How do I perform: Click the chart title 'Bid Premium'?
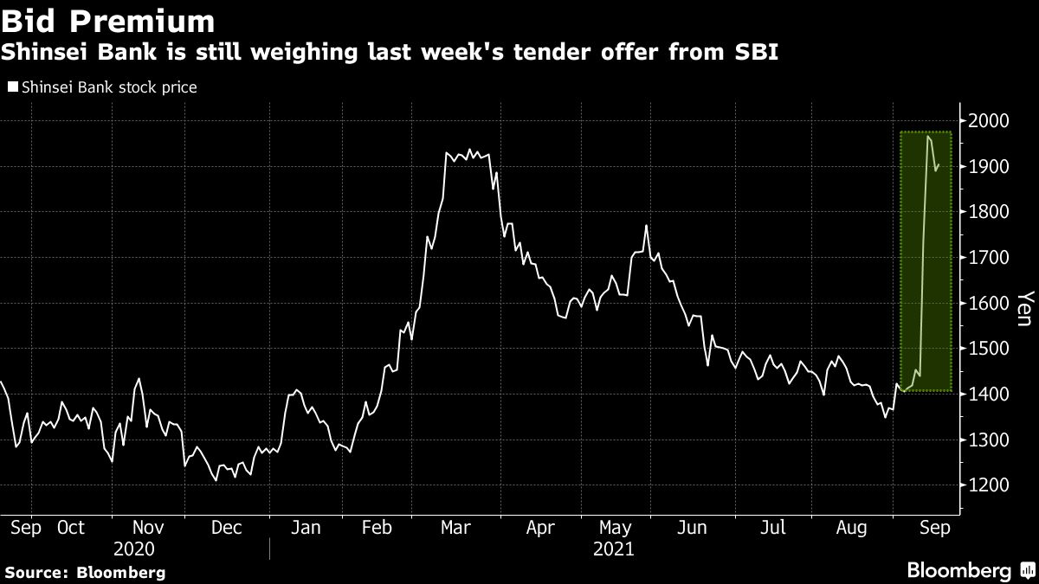tap(108, 21)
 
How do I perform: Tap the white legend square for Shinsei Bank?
tap(12, 87)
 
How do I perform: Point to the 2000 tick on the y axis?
tap(988, 121)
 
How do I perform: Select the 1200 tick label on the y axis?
tap(988, 486)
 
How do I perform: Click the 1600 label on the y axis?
tap(988, 304)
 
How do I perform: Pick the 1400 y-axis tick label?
tap(988, 395)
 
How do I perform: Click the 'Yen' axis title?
tap(1023, 308)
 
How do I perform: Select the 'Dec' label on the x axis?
tap(227, 527)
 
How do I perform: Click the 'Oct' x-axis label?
tap(70, 527)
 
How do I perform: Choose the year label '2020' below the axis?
tap(133, 549)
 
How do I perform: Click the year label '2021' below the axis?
tap(613, 549)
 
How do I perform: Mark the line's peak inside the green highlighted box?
tap(928, 136)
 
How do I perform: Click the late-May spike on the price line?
tap(646, 226)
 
